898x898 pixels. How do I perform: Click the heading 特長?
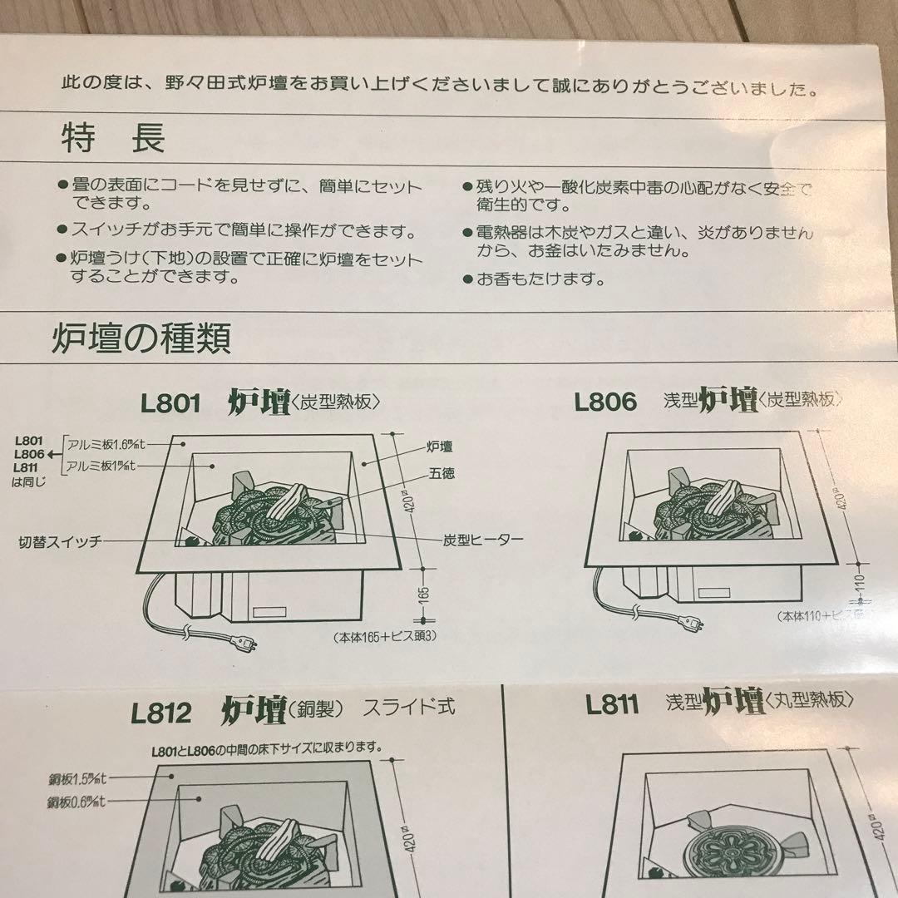(112, 138)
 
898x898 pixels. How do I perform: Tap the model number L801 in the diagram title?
(170, 403)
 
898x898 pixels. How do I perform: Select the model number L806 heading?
(605, 402)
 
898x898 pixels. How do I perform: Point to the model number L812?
(161, 713)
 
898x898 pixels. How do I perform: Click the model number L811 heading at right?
(612, 705)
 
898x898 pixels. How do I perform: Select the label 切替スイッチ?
(60, 541)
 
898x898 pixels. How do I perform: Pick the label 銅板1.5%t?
(78, 778)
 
